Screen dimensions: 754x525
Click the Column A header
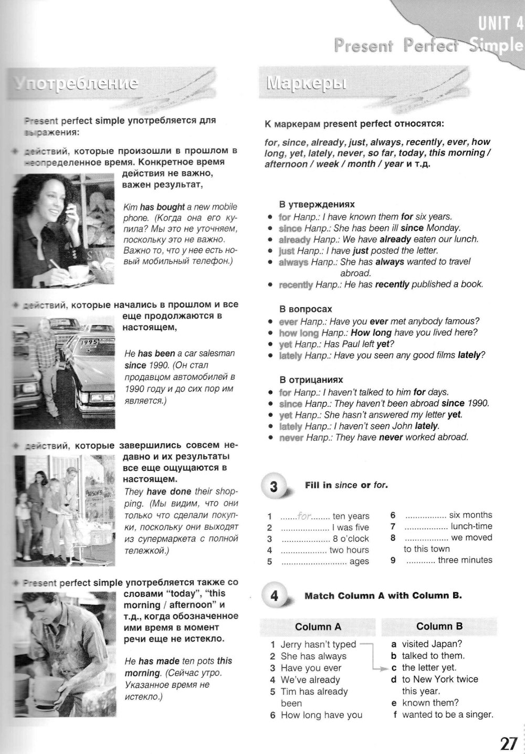coord(318,626)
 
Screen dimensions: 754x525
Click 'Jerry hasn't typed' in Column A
coord(318,644)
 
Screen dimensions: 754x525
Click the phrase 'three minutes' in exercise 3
coord(465,560)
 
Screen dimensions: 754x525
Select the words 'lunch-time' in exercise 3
coord(471,526)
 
